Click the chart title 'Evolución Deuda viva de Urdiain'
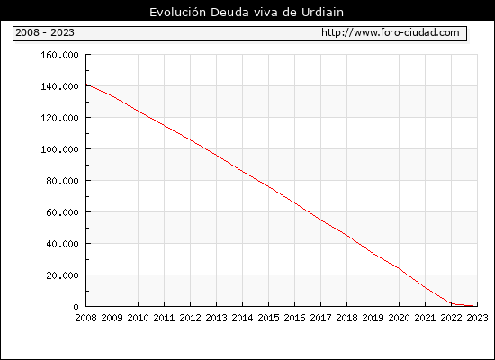coord(247,13)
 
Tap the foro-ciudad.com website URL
coord(391,32)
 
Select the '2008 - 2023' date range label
coord(45,32)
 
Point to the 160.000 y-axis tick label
coord(59,55)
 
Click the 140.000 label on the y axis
coord(59,86)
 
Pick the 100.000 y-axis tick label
coord(59,149)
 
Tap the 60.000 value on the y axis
coord(62,212)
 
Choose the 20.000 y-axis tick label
coord(62,275)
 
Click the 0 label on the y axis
coord(76,307)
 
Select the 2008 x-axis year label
coord(85,318)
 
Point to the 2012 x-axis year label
coord(191,318)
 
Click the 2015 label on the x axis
coord(269,318)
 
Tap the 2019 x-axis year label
coord(373,318)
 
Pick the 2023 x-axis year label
coord(477,318)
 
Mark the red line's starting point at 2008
coord(86,85)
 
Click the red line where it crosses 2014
coord(242,172)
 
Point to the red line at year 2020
coord(399,269)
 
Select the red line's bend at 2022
coord(451,304)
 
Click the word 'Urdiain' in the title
coord(322,13)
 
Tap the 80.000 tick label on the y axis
coord(62,181)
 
